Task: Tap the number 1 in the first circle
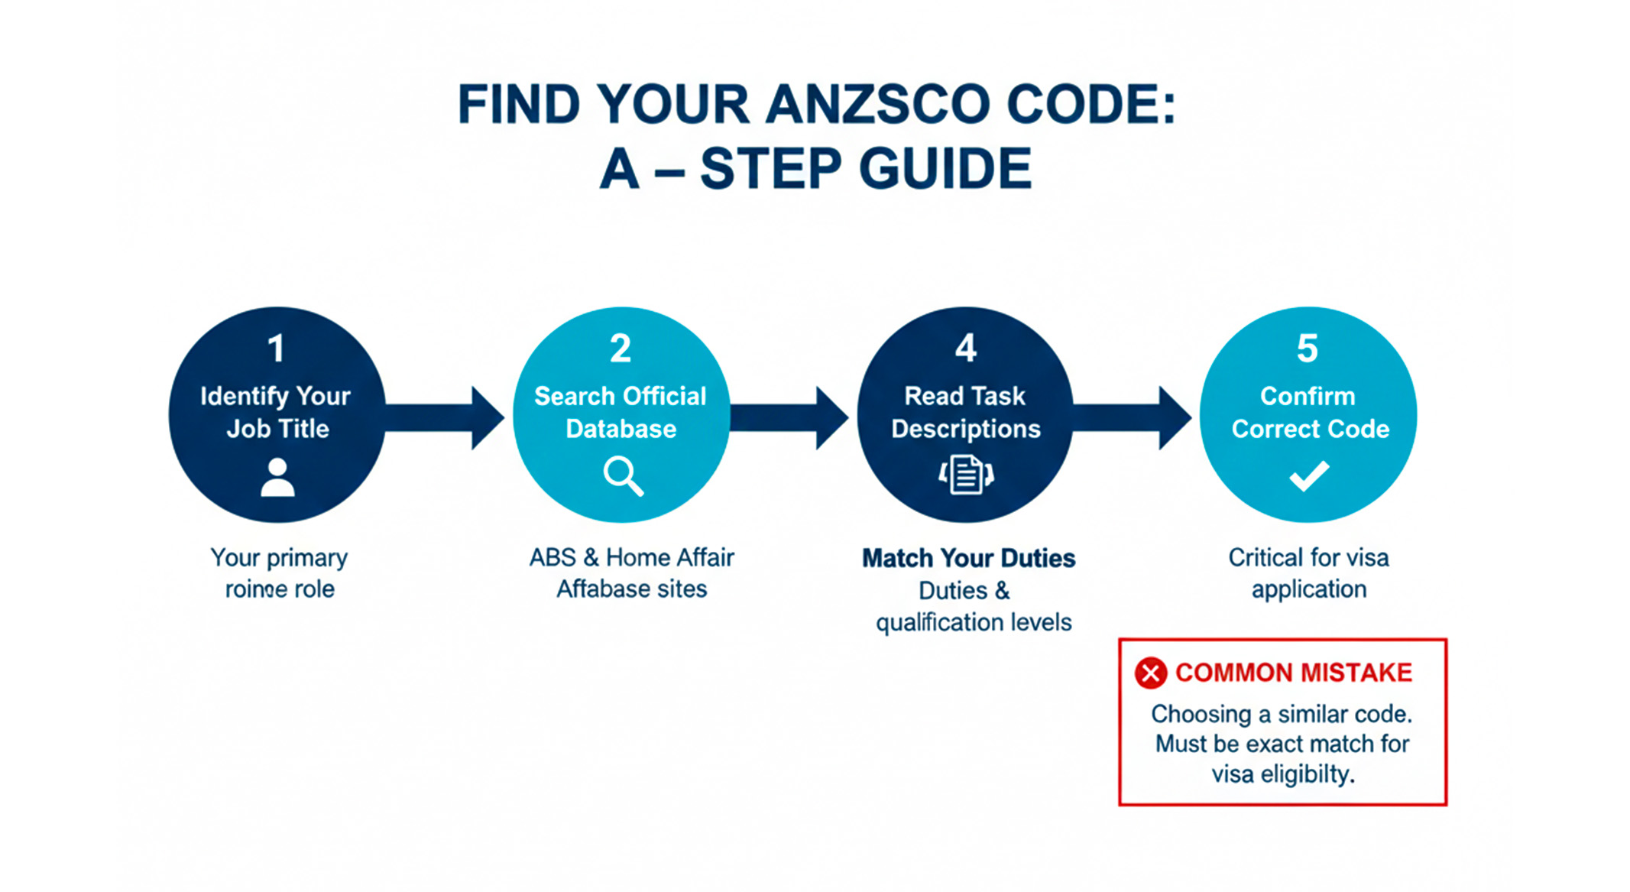[x=276, y=349]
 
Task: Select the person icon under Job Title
[x=277, y=478]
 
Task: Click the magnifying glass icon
[x=622, y=476]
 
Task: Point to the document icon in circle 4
[x=966, y=474]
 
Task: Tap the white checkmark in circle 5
[x=1309, y=475]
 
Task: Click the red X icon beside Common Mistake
[x=1151, y=673]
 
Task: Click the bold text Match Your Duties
[x=968, y=558]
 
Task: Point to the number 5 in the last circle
[x=1308, y=349]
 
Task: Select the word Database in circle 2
[x=621, y=429]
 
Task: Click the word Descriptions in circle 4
[x=966, y=429]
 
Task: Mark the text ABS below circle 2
[x=553, y=557]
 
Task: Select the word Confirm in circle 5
[x=1308, y=396]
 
